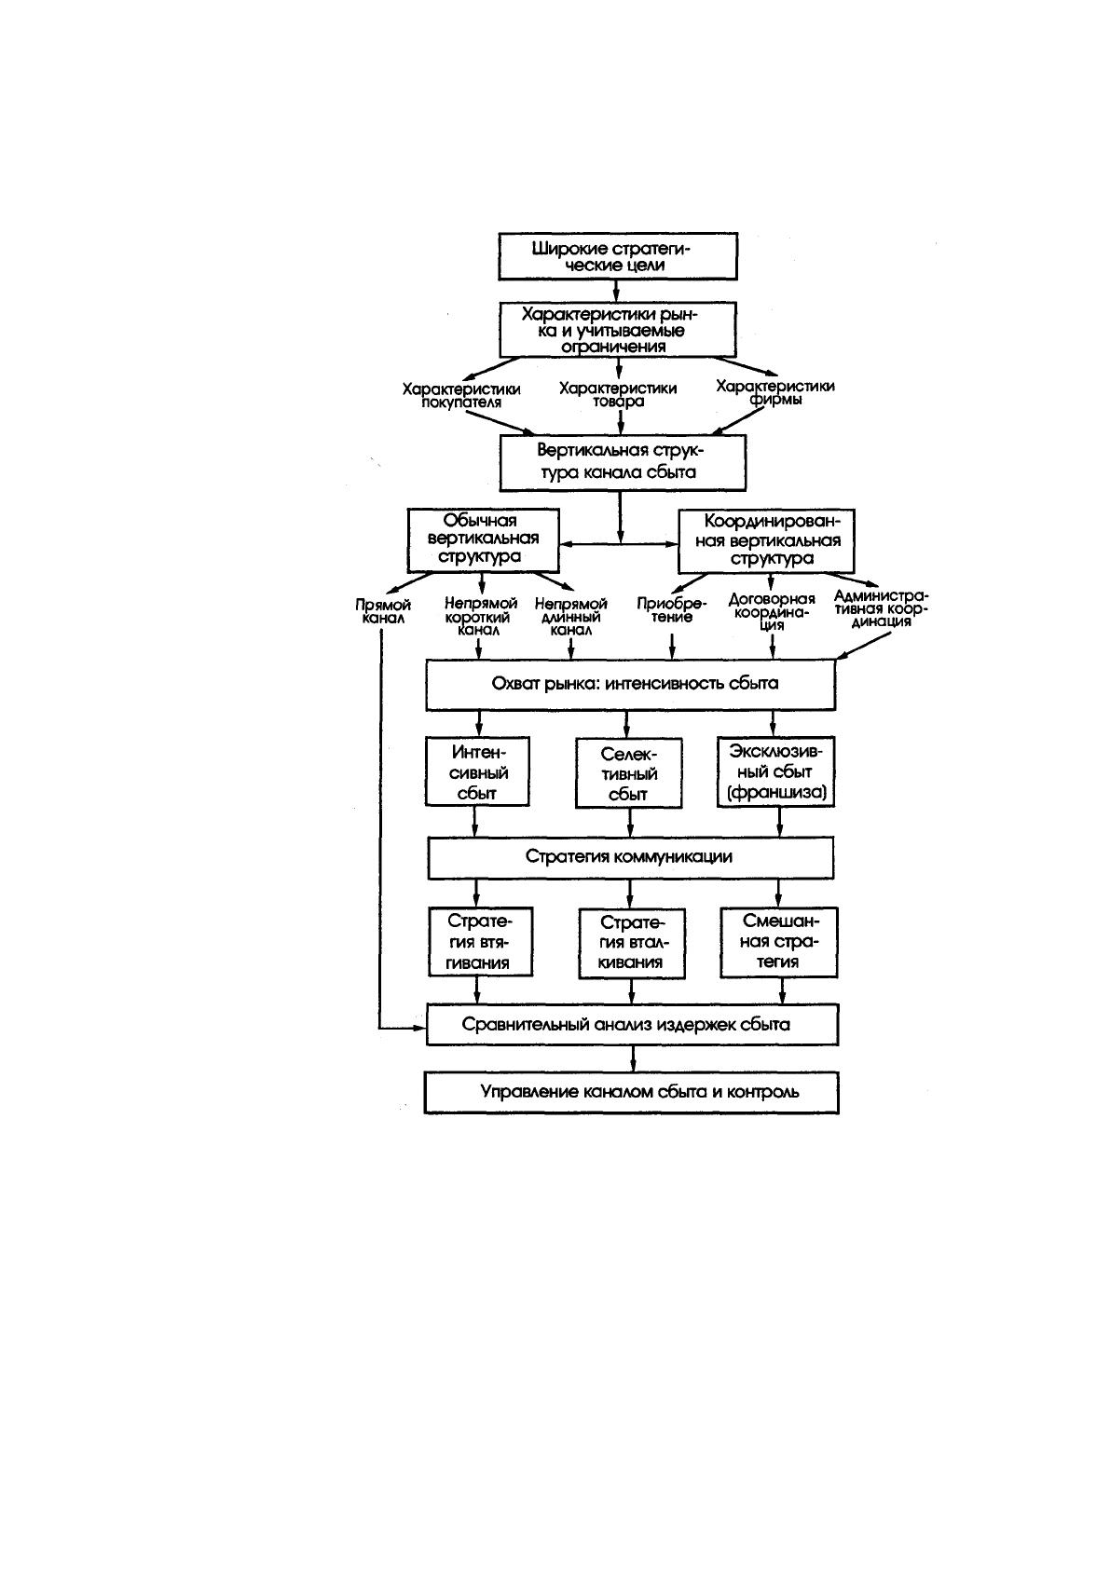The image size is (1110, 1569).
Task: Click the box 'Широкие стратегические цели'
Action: (617, 256)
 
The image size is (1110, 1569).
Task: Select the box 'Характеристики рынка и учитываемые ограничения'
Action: (617, 330)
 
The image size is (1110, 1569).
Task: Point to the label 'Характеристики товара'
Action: (618, 394)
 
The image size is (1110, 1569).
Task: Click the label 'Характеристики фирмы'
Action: (775, 392)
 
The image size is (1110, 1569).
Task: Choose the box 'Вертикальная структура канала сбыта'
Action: (623, 462)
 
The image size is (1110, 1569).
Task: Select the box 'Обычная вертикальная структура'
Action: (483, 540)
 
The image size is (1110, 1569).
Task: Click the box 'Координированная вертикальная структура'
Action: (766, 541)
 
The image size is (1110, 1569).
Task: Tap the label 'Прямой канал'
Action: (383, 611)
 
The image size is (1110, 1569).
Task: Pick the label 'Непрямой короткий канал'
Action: (481, 617)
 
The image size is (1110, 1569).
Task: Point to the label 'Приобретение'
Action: (672, 610)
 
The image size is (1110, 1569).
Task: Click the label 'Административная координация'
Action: (881, 608)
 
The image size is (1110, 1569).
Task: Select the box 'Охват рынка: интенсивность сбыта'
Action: (631, 685)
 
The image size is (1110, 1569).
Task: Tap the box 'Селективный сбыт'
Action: (628, 773)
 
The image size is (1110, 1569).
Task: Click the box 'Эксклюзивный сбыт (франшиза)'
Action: (775, 771)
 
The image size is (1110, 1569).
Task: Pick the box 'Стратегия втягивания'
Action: (480, 942)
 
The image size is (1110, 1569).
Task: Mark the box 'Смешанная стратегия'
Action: (778, 942)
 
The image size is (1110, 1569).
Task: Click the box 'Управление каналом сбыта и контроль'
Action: (631, 1092)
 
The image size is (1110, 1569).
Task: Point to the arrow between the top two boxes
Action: (617, 291)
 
